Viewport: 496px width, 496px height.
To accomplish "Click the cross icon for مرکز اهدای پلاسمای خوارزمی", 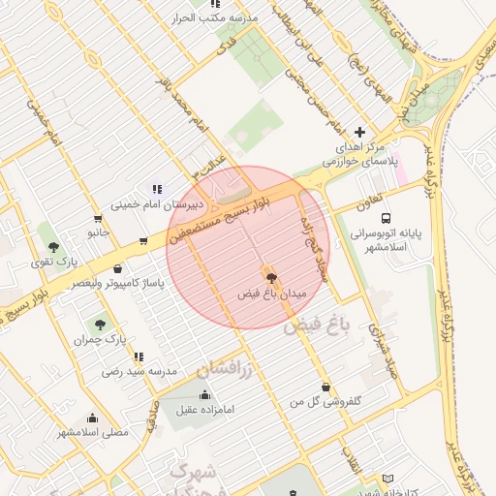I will [360, 131].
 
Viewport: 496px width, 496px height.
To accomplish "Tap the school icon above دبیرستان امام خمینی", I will [157, 188].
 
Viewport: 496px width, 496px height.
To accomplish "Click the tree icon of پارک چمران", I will [100, 324].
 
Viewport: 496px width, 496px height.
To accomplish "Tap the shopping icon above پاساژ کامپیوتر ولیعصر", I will [117, 268].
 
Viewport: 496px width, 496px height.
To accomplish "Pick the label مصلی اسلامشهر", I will [92, 432].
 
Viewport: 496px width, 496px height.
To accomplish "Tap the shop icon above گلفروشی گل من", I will [325, 385].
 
